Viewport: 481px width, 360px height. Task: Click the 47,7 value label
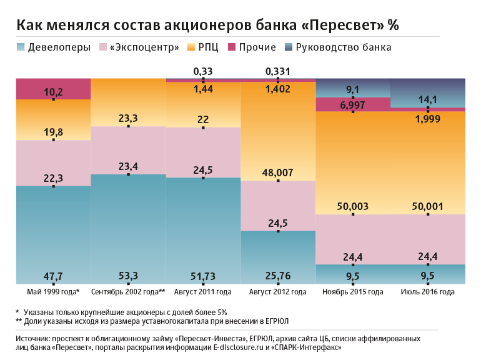[54, 276]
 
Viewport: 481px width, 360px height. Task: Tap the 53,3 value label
[128, 276]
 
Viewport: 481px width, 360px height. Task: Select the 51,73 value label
[203, 276]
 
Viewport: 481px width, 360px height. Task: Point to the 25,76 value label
[278, 276]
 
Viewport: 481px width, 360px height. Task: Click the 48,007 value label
[278, 174]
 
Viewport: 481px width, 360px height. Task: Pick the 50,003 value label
[353, 207]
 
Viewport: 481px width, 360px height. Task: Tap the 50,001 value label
[428, 207]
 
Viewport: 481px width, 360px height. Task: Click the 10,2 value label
[54, 92]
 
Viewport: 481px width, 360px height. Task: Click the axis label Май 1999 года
[52, 292]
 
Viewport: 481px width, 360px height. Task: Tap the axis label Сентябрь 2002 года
[127, 292]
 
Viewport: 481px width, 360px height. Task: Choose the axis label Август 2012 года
[277, 292]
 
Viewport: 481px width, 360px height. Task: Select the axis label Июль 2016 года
[428, 292]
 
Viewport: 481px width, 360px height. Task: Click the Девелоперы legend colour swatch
[21, 47]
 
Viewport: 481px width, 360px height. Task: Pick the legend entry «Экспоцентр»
[144, 47]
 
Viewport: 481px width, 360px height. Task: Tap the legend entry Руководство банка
[344, 47]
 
